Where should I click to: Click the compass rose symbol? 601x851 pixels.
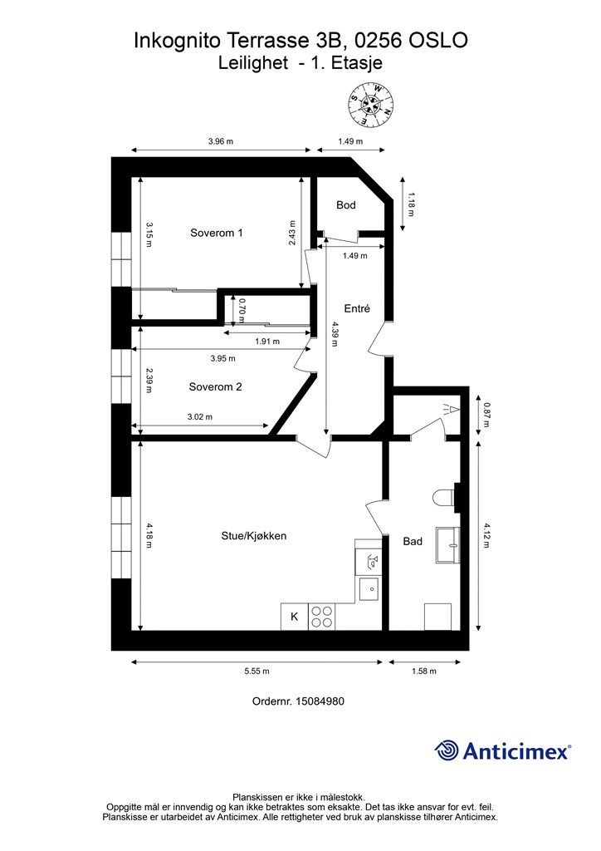(371, 106)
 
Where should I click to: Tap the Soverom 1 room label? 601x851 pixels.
(216, 233)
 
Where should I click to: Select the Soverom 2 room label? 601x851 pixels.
(215, 387)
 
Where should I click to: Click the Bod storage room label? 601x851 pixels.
(346, 204)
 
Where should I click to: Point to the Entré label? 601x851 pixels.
(357, 308)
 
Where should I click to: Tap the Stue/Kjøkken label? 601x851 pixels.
(254, 536)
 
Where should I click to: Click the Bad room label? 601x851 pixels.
(413, 541)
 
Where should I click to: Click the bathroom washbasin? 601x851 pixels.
(448, 544)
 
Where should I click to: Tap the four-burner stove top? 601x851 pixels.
(321, 617)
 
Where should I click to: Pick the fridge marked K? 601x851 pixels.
(294, 617)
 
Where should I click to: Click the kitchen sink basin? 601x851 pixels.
(370, 587)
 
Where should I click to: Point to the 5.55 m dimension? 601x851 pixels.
(257, 671)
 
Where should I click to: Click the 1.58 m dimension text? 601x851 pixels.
(424, 671)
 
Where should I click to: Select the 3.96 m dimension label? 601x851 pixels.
(221, 141)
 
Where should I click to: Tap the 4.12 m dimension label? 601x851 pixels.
(486, 536)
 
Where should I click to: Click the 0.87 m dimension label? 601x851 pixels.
(486, 416)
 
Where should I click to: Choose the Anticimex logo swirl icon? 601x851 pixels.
(447, 750)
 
